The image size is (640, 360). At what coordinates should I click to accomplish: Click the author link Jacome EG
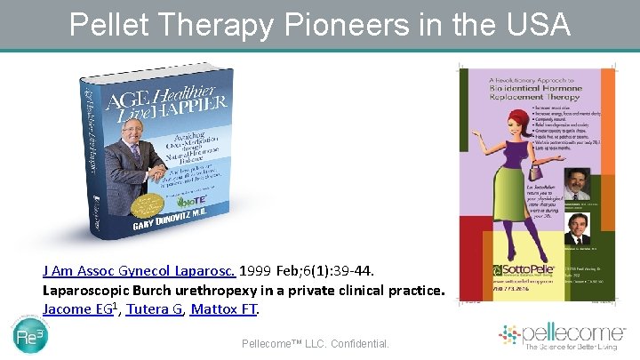tap(79, 308)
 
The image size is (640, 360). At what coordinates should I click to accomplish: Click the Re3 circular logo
tap(32, 339)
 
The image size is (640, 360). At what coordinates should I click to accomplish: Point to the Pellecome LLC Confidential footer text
tap(315, 341)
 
